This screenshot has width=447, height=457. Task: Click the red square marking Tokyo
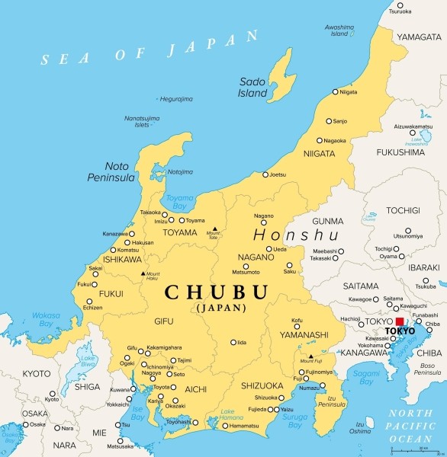[400, 322]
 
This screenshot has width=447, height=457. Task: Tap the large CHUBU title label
[217, 292]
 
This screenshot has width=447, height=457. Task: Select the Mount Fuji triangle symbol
[310, 355]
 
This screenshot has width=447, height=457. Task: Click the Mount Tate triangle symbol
[215, 228]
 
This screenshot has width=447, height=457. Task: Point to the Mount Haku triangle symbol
[143, 273]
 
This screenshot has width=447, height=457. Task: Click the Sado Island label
[254, 87]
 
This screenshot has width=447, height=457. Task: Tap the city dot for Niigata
[334, 92]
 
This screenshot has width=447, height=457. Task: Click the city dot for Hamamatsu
[225, 425]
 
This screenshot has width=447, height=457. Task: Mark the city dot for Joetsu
[265, 174]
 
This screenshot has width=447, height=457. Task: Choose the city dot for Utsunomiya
[408, 230]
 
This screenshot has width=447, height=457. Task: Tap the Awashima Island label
[339, 30]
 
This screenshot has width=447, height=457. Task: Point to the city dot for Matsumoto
[246, 265]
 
